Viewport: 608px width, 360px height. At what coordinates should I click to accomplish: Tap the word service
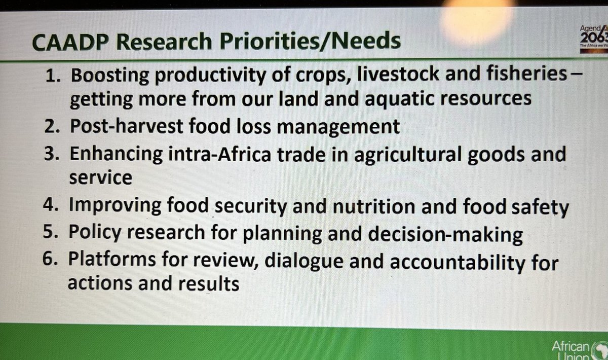point(100,178)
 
